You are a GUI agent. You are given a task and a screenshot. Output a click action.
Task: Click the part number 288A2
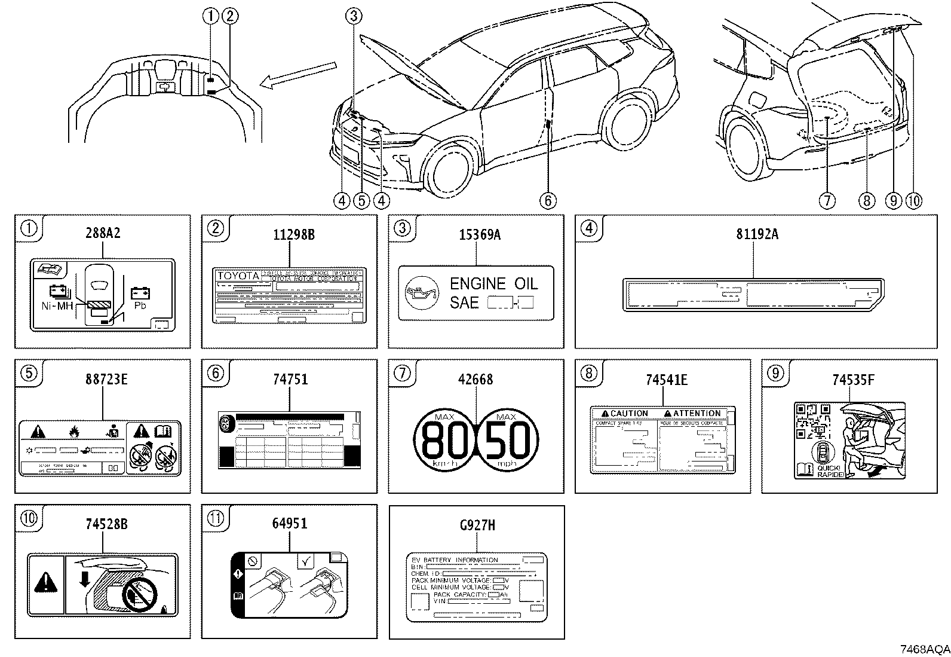coord(103,233)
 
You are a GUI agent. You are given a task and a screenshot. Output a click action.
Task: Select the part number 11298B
coord(290,234)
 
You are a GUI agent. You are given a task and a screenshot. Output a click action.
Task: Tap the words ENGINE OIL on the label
coord(493,283)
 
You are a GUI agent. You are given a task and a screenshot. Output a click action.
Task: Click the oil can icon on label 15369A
coord(419,293)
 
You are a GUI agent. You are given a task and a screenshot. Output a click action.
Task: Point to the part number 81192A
coord(757,234)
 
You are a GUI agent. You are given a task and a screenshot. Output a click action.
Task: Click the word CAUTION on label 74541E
coord(625,413)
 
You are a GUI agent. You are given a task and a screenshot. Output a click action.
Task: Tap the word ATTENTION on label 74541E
coord(692,413)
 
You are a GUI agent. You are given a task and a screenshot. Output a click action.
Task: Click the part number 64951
coord(290,524)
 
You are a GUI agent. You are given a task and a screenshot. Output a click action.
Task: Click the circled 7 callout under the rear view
coord(827,201)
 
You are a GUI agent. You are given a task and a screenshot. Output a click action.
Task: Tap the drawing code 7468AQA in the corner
coord(924,649)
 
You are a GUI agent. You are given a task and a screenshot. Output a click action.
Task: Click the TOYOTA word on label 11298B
coord(238,276)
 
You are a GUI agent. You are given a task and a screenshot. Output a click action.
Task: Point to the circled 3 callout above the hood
coord(353,16)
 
